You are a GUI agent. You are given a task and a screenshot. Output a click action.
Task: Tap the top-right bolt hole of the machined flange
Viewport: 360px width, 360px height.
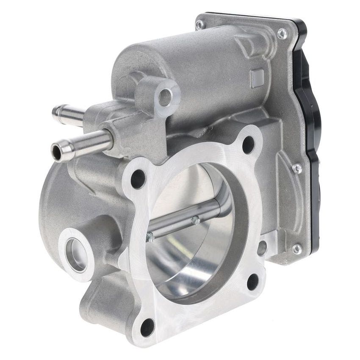[248, 144]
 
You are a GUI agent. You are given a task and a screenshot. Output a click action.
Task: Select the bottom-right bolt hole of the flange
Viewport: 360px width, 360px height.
[253, 282]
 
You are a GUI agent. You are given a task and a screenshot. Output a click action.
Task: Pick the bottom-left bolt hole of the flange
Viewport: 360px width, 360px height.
[148, 327]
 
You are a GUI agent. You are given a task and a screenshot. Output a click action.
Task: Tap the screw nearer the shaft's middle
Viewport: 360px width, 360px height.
[195, 220]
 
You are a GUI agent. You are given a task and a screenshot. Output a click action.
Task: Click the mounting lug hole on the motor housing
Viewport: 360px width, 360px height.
[165, 97]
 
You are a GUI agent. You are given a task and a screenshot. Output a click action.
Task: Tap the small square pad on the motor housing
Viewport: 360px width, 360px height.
[257, 78]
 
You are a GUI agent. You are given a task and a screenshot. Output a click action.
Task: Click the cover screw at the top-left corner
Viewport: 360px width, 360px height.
[199, 25]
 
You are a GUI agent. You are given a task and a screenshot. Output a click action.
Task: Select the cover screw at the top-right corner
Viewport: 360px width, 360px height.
[281, 33]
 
